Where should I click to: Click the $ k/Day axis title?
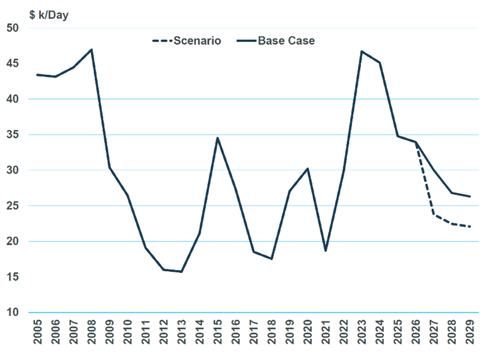(49, 15)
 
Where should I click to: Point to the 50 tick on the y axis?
(12, 28)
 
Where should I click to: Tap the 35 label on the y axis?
(12, 135)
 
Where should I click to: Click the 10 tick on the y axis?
(12, 313)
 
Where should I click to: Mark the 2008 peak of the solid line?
(91, 50)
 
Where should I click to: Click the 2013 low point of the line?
(181, 272)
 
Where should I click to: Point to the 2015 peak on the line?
(217, 138)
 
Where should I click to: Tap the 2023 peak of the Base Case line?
(361, 51)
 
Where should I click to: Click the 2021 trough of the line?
(326, 251)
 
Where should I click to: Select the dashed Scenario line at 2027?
(433, 214)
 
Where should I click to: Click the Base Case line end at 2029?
(470, 196)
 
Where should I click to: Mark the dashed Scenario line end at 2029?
(470, 227)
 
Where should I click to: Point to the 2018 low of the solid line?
(271, 259)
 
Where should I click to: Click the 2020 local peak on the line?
(308, 169)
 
